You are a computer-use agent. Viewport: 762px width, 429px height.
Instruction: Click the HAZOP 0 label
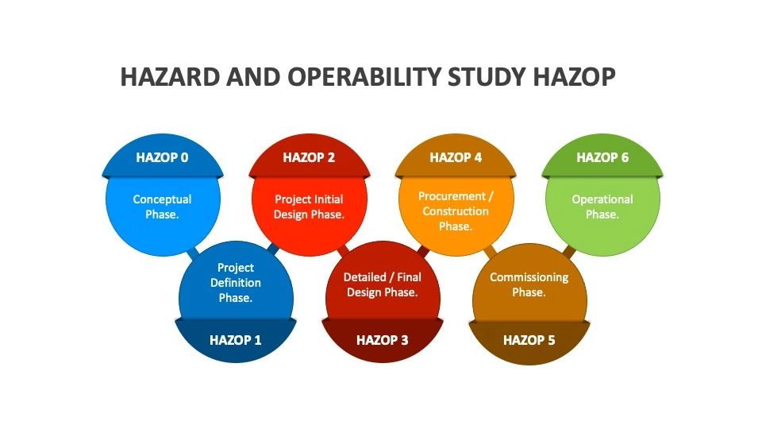pyautogui.click(x=162, y=157)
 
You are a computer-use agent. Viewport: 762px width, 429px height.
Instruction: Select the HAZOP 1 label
pyautogui.click(x=235, y=340)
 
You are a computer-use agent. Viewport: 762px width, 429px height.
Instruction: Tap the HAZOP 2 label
pyautogui.click(x=309, y=157)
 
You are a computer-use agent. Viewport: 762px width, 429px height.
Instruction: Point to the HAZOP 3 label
pyautogui.click(x=382, y=340)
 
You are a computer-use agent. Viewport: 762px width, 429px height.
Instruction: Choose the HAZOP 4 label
pyautogui.click(x=456, y=157)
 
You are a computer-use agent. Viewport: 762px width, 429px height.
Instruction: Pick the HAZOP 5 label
pyautogui.click(x=529, y=340)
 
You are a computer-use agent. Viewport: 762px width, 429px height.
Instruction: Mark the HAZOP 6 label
pyautogui.click(x=602, y=157)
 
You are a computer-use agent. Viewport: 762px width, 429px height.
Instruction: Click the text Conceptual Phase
pyautogui.click(x=162, y=207)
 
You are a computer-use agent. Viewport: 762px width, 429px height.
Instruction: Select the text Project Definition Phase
pyautogui.click(x=235, y=283)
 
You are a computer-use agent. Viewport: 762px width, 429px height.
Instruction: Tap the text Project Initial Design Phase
pyautogui.click(x=309, y=207)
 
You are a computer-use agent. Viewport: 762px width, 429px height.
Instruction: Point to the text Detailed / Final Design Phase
pyautogui.click(x=382, y=284)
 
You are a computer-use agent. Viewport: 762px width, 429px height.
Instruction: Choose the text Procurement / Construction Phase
pyautogui.click(x=456, y=211)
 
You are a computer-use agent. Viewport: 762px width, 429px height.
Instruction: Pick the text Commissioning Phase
pyautogui.click(x=529, y=284)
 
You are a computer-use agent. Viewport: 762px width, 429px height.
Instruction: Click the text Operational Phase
pyautogui.click(x=602, y=207)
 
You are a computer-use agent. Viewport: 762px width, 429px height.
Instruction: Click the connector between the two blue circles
pyautogui.click(x=194, y=255)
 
